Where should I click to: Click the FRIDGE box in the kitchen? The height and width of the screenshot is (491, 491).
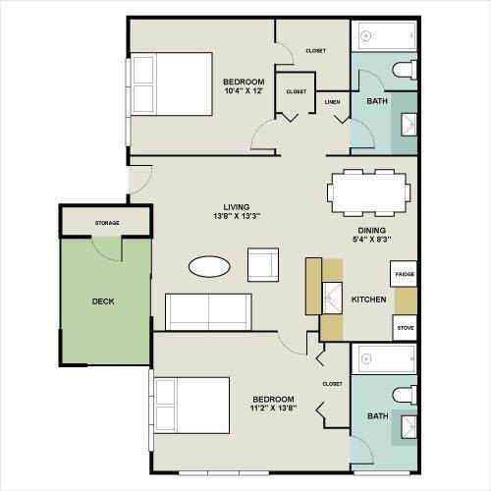[x=404, y=274]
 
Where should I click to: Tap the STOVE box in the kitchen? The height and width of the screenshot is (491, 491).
[x=405, y=328]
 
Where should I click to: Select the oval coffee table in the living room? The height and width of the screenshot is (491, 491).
[x=209, y=266]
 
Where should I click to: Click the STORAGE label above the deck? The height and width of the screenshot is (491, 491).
[x=107, y=223]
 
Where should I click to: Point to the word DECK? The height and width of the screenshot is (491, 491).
[x=103, y=301]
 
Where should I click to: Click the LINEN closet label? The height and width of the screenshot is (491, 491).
[x=332, y=102]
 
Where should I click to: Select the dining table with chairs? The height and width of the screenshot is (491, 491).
[x=368, y=192]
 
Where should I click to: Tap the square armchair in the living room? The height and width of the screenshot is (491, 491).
[x=263, y=265]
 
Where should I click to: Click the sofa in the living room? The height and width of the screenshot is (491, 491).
[x=208, y=312]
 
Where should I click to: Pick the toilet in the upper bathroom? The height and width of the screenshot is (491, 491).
[x=405, y=70]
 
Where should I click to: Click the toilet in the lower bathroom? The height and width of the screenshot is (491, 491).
[x=405, y=395]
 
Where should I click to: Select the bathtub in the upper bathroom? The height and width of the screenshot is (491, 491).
[x=384, y=35]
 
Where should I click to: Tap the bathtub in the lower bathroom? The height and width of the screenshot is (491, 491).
[x=384, y=359]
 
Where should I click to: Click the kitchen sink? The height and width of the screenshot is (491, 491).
[x=332, y=298]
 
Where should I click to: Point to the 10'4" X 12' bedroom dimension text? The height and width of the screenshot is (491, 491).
[x=244, y=91]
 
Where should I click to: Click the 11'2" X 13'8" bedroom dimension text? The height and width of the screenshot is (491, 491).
[x=274, y=409]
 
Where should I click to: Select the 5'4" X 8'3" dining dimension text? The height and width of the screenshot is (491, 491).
[x=372, y=240]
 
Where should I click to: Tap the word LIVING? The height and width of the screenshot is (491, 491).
[x=237, y=207]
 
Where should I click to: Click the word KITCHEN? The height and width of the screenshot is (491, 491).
[x=368, y=300]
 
